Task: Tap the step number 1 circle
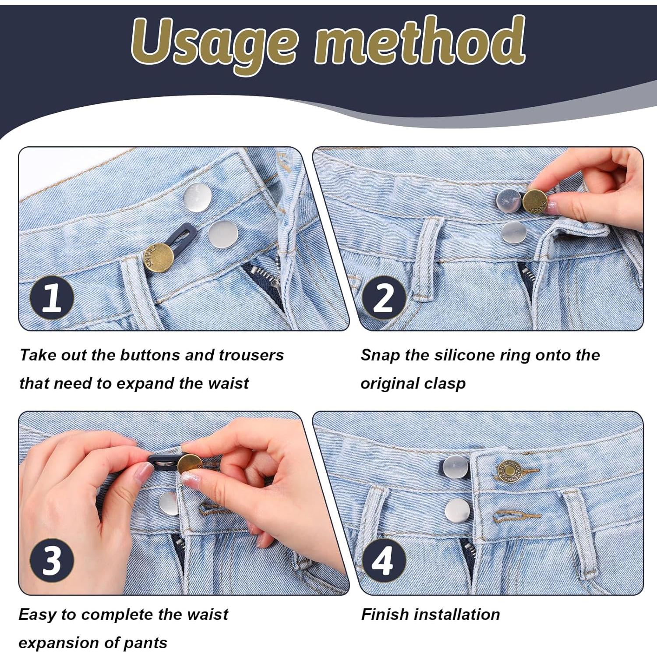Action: coord(52,297)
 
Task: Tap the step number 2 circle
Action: coord(384,297)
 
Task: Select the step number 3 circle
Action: coord(52,560)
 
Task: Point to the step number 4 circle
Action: coord(384,560)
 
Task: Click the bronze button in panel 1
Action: coord(159,258)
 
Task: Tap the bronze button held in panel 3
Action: coord(190,466)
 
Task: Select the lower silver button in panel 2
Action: coord(513,232)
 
